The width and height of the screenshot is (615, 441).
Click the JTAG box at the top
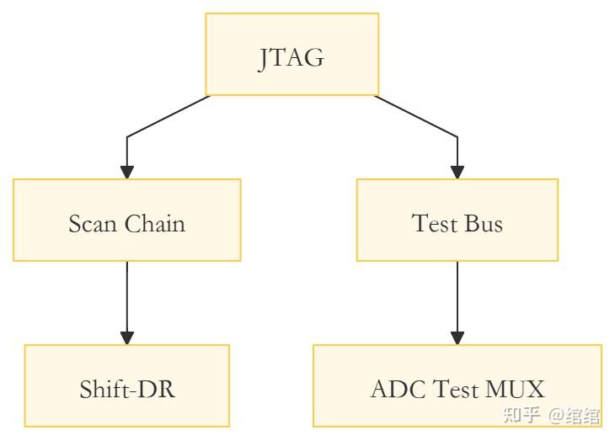(292, 54)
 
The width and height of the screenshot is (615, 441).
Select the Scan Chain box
(127, 220)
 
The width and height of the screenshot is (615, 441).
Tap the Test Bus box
(457, 220)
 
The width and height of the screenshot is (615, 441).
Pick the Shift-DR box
(127, 385)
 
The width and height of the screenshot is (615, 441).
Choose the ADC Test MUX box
(457, 385)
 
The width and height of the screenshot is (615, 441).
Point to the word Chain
(155, 223)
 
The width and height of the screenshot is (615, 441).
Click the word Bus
(484, 223)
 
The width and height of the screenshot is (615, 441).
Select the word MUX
(515, 390)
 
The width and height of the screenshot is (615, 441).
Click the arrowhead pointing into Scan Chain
(127, 173)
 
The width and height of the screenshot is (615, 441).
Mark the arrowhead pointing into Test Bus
(457, 173)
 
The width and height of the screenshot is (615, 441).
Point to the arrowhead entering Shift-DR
(127, 338)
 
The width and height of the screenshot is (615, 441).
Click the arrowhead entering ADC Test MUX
(457, 338)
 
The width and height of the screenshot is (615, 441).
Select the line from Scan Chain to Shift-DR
(127, 296)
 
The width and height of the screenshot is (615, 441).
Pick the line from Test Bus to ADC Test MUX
(457, 296)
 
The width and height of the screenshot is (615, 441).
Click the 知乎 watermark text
(521, 415)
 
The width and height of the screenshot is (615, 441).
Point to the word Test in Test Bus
(435, 223)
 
